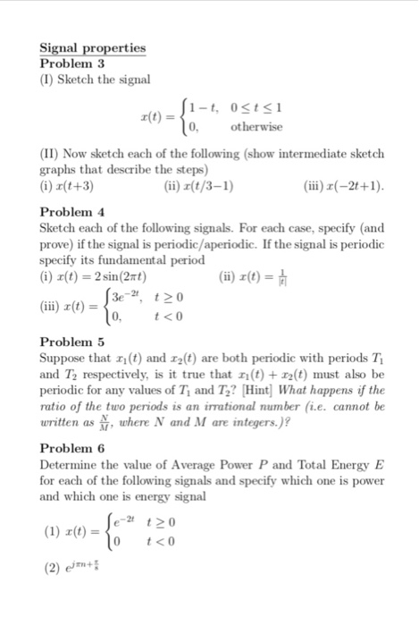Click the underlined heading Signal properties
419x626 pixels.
coord(93,47)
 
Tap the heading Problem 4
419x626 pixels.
coord(73,212)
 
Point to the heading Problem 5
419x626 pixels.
coord(73,343)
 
